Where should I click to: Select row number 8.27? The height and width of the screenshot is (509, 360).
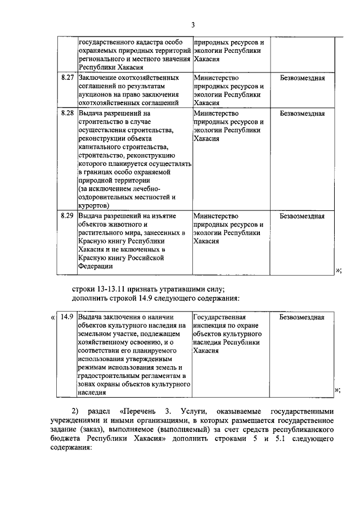[67, 78]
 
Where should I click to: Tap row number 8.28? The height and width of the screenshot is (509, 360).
[67, 113]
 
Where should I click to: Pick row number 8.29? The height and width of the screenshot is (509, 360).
[67, 215]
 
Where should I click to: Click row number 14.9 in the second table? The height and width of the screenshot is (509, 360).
[67, 317]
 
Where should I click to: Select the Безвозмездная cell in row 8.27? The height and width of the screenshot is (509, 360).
[302, 78]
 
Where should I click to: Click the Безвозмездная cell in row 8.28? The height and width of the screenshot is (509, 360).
[302, 113]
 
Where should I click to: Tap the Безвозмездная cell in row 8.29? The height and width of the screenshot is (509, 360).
[302, 215]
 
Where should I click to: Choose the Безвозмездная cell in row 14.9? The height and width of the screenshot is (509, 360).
[302, 317]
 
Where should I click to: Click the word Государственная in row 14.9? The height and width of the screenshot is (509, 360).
[220, 317]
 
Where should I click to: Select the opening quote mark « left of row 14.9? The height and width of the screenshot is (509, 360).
[53, 317]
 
